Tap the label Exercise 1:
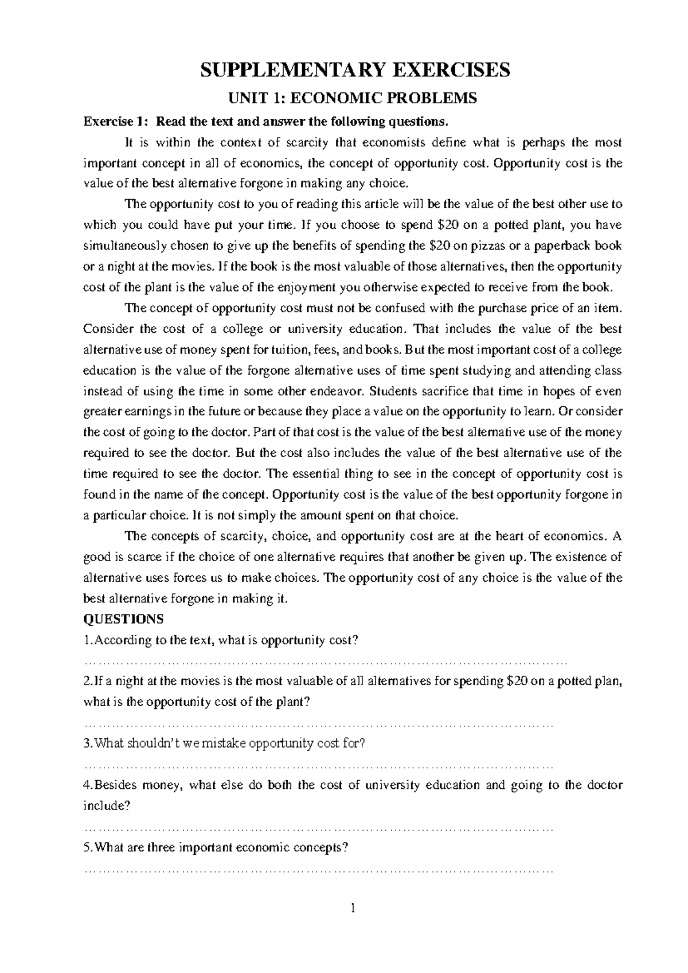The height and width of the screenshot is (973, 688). click(117, 122)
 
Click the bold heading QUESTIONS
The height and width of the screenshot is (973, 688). click(123, 620)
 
